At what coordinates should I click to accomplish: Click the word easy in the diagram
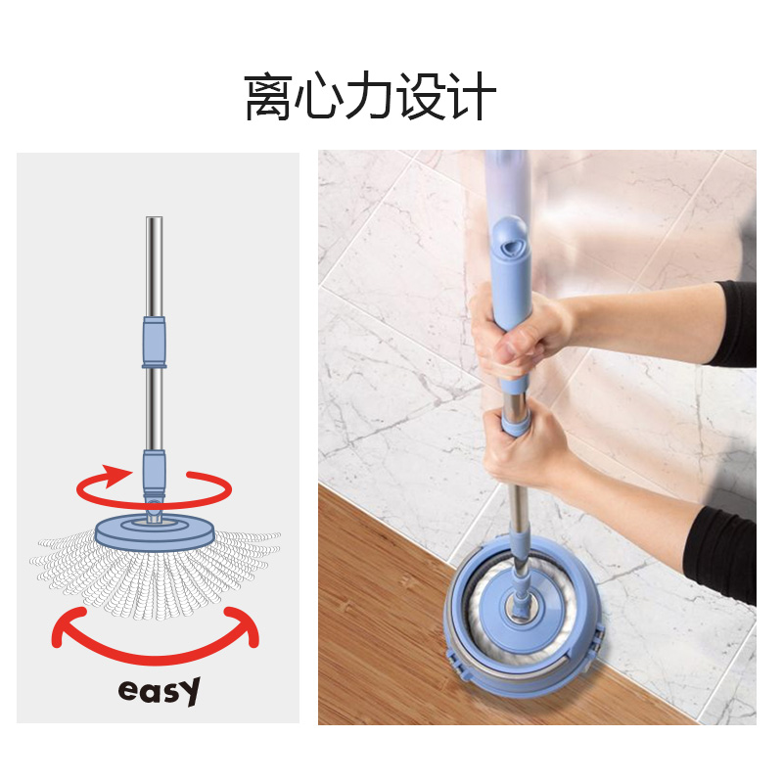[160, 691]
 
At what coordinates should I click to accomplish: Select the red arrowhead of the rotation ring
[116, 476]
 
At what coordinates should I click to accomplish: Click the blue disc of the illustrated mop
[156, 530]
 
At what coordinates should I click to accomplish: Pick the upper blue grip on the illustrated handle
[155, 342]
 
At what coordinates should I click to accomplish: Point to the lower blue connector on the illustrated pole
[155, 472]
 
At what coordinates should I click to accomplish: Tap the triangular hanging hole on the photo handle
[510, 247]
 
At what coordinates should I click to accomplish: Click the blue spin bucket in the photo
[525, 617]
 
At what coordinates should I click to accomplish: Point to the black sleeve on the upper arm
[735, 324]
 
